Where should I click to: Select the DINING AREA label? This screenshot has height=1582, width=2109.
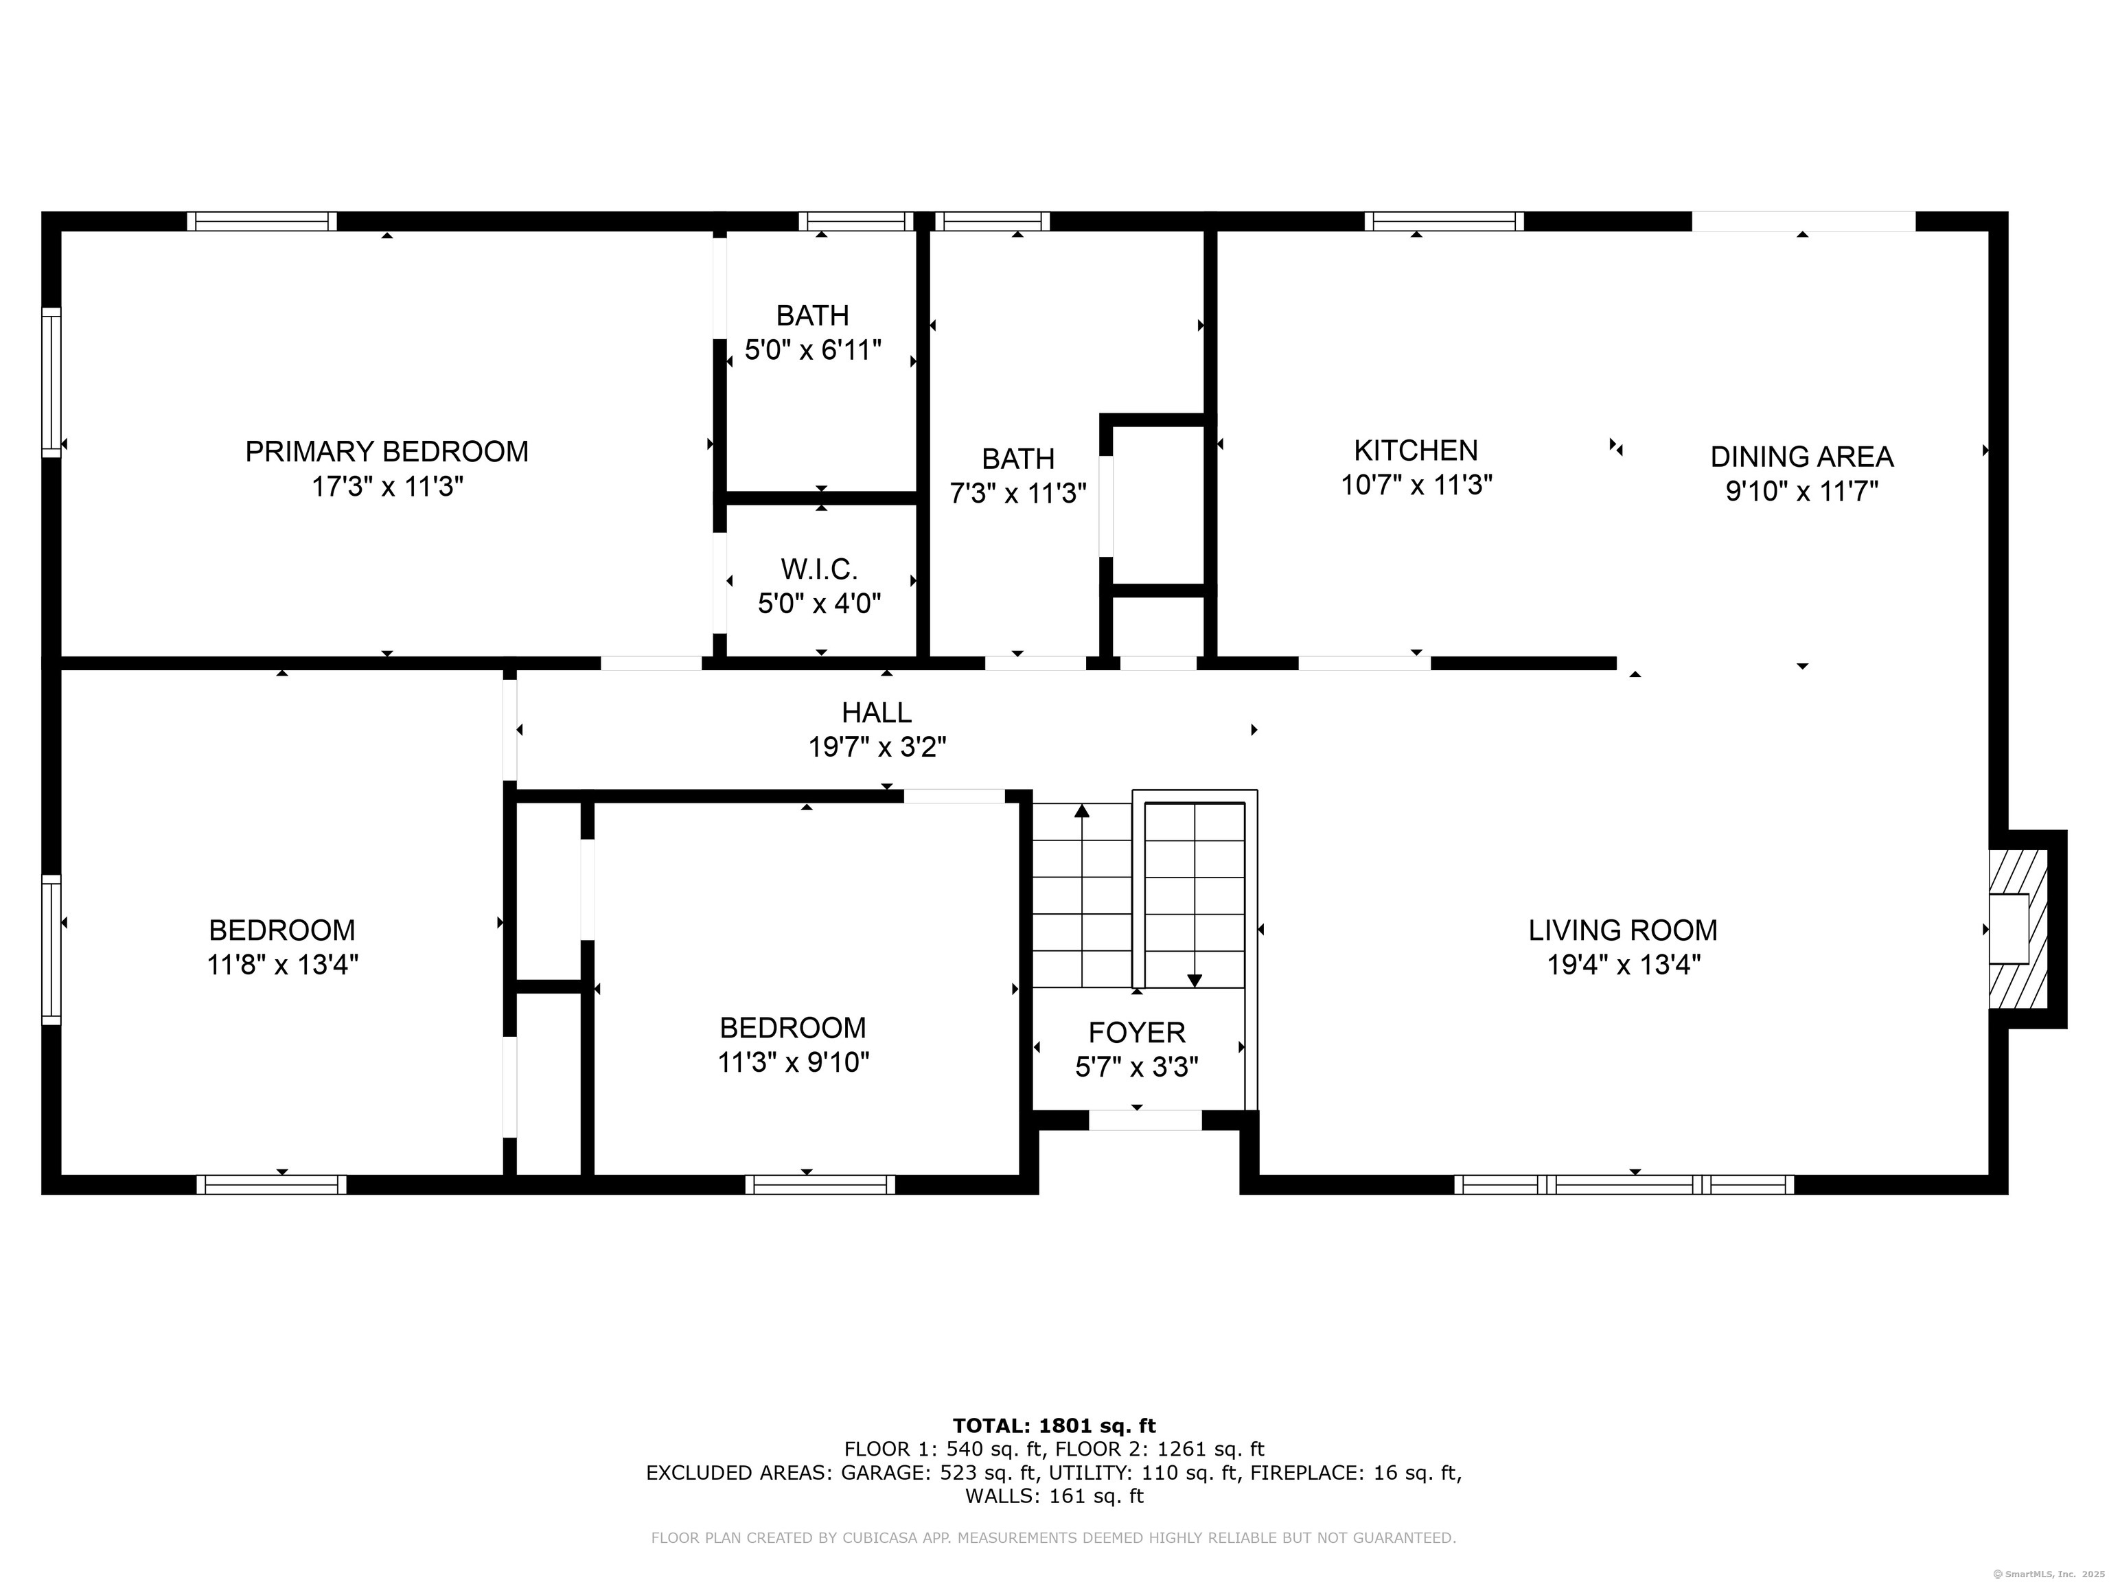[x=1802, y=457]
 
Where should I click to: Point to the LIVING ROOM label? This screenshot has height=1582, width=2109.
[x=1623, y=930]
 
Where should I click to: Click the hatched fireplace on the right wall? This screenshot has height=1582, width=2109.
[x=2018, y=929]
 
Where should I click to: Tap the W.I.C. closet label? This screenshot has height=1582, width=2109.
[x=819, y=569]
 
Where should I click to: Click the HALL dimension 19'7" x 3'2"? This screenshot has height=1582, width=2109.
[x=877, y=746]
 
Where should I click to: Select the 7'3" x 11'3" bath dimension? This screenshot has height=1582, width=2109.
[x=1018, y=493]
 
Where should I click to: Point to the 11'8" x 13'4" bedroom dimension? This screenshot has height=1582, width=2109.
[x=282, y=965]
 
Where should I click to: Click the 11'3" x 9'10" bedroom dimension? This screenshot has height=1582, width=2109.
[x=793, y=1062]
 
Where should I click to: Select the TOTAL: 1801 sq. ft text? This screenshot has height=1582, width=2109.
[x=1054, y=1425]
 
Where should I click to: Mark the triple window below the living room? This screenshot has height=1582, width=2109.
[x=1624, y=1184]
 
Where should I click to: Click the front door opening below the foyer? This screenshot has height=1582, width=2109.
[x=1145, y=1121]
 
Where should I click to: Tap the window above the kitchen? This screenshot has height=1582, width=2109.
[x=1444, y=221]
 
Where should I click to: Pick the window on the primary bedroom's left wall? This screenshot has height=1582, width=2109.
[x=51, y=382]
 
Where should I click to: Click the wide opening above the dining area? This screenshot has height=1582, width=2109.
[x=1804, y=221]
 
